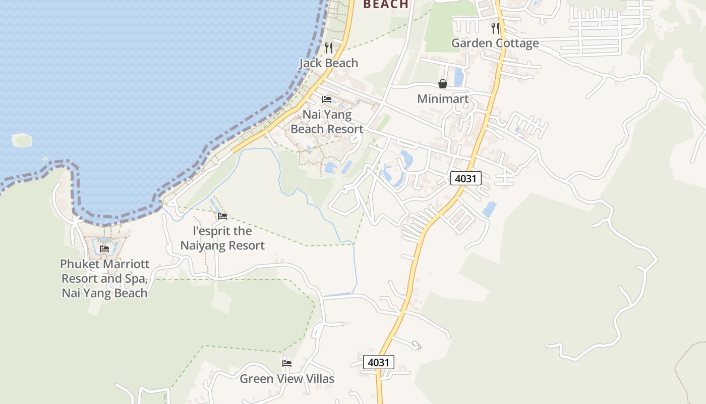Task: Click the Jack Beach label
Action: (x=328, y=63)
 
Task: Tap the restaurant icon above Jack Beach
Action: (x=329, y=48)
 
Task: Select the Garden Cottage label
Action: (x=495, y=43)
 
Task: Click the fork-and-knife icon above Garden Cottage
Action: (x=495, y=28)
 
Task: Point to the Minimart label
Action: (x=443, y=99)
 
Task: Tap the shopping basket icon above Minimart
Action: (x=443, y=84)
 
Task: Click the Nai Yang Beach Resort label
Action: (x=327, y=122)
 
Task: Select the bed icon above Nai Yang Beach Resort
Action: (x=327, y=99)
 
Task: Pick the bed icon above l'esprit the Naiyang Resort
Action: (x=222, y=216)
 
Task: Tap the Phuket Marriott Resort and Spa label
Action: (x=105, y=278)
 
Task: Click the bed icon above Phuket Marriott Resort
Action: (x=104, y=249)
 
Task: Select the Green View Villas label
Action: (x=286, y=379)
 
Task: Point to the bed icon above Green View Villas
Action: (x=287, y=364)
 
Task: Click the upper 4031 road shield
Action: (x=465, y=178)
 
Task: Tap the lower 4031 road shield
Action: (x=378, y=362)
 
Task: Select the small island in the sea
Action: (x=22, y=140)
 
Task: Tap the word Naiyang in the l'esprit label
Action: (x=205, y=246)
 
